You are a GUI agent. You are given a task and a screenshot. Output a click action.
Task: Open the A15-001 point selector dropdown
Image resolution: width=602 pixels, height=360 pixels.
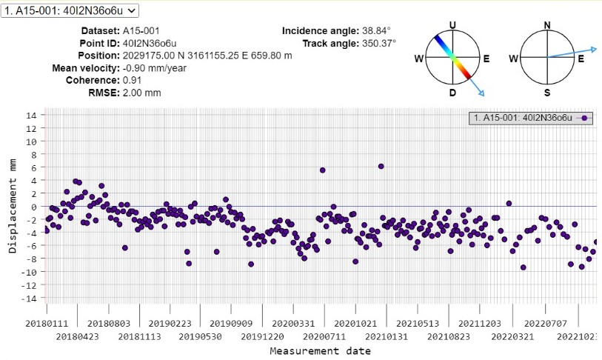tap(70, 10)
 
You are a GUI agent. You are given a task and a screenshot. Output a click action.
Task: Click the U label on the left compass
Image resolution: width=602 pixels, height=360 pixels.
tap(452, 25)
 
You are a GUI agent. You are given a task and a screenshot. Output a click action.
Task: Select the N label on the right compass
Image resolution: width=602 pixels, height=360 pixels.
tap(547, 25)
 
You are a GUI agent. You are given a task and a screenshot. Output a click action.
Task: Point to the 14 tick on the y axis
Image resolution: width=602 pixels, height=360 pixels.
tap(31, 115)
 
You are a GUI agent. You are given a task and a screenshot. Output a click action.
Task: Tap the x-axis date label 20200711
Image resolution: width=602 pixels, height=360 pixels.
tap(326, 335)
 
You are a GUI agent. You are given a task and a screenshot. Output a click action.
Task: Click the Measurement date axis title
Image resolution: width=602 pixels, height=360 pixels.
tap(320, 350)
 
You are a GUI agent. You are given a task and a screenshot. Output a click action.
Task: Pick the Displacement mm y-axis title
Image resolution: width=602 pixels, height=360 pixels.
tap(13, 206)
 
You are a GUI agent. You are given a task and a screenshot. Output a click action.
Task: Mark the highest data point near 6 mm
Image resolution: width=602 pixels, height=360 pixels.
tap(381, 166)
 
